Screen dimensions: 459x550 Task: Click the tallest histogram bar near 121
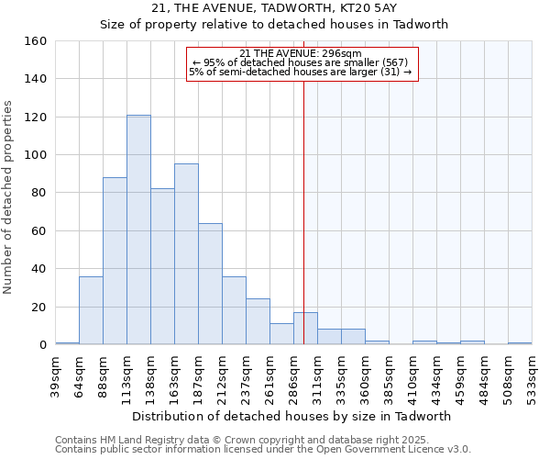click(138, 229)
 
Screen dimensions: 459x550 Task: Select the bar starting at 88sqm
click(115, 261)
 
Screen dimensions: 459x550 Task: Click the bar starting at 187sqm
click(210, 284)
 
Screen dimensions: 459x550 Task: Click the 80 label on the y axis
click(39, 193)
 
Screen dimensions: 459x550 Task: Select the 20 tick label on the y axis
click(39, 307)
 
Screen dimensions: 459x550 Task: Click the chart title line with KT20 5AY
click(274, 8)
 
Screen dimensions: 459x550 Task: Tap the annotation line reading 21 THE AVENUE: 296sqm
click(301, 53)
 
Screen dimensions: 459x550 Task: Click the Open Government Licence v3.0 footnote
click(262, 449)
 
